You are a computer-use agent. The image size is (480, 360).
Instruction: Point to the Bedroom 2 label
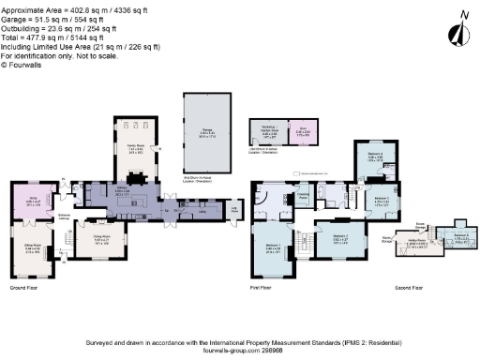339,238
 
